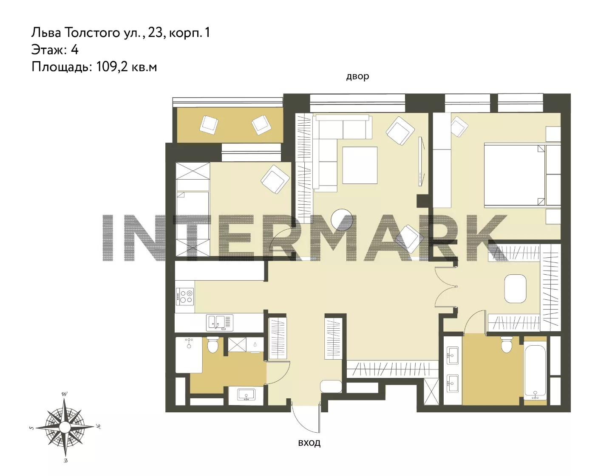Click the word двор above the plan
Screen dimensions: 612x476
(x=357, y=76)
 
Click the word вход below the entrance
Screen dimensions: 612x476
(x=309, y=442)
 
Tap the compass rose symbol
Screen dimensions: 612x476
(x=65, y=427)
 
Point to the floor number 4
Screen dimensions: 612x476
(x=74, y=50)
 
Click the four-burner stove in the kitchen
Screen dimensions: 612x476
(x=185, y=297)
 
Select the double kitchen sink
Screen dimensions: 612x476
(x=220, y=322)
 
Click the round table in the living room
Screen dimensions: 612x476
(x=342, y=220)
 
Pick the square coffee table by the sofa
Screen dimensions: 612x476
(x=360, y=165)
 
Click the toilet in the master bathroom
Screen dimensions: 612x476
(x=507, y=344)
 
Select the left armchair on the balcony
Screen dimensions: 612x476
(x=209, y=125)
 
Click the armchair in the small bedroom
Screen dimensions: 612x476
(x=275, y=179)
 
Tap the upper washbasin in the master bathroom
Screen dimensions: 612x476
(x=453, y=355)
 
